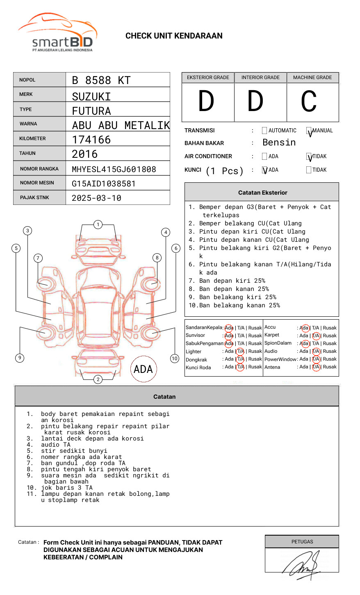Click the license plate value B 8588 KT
101,80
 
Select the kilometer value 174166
91,140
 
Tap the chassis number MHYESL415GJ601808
114,169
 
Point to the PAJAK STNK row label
34,198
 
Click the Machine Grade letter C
309,101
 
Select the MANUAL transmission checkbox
309,130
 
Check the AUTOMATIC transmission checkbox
264,130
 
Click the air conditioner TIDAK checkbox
309,156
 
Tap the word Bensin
279,142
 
